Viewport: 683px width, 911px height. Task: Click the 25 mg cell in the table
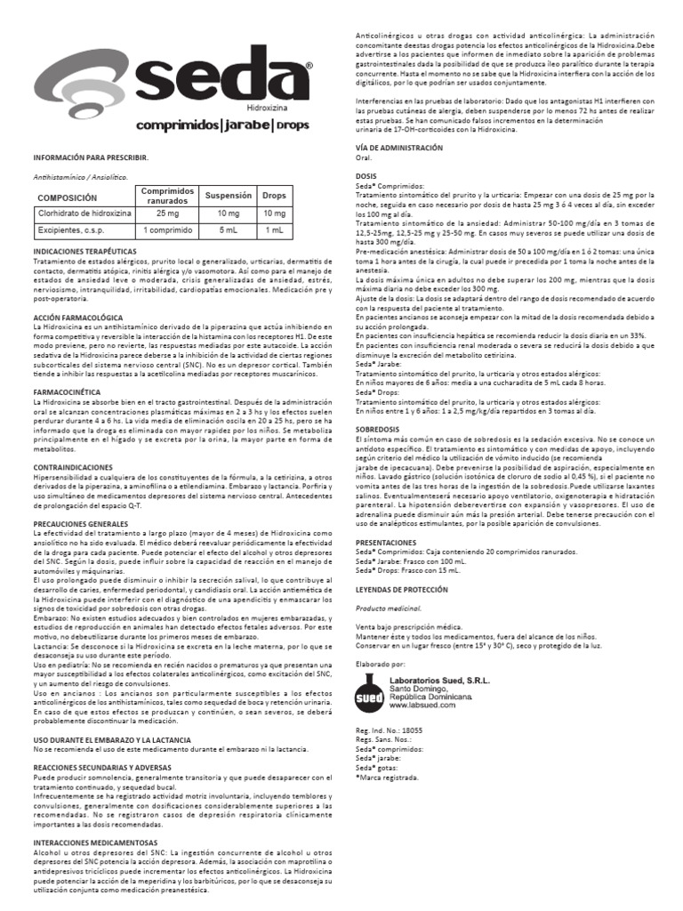166,214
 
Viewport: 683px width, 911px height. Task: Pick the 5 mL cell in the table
228,231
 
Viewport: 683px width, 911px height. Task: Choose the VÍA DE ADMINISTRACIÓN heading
398,146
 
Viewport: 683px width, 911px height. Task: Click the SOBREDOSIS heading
376,405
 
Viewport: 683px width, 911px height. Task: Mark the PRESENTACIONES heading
386,541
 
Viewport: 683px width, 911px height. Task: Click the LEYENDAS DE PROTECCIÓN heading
402,588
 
